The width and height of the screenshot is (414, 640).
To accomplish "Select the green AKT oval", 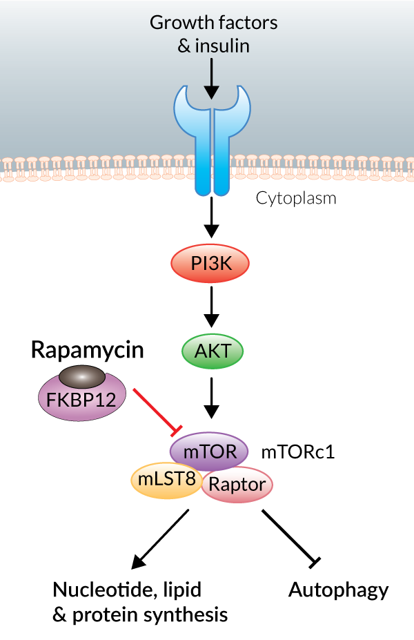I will click(x=213, y=352).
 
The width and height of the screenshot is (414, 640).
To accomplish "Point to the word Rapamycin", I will click(x=87, y=350).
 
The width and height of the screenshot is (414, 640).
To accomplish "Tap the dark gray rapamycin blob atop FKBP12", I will click(x=82, y=376).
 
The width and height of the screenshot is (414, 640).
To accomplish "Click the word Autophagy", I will click(x=338, y=590).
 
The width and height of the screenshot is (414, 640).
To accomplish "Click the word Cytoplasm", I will click(x=296, y=199).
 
